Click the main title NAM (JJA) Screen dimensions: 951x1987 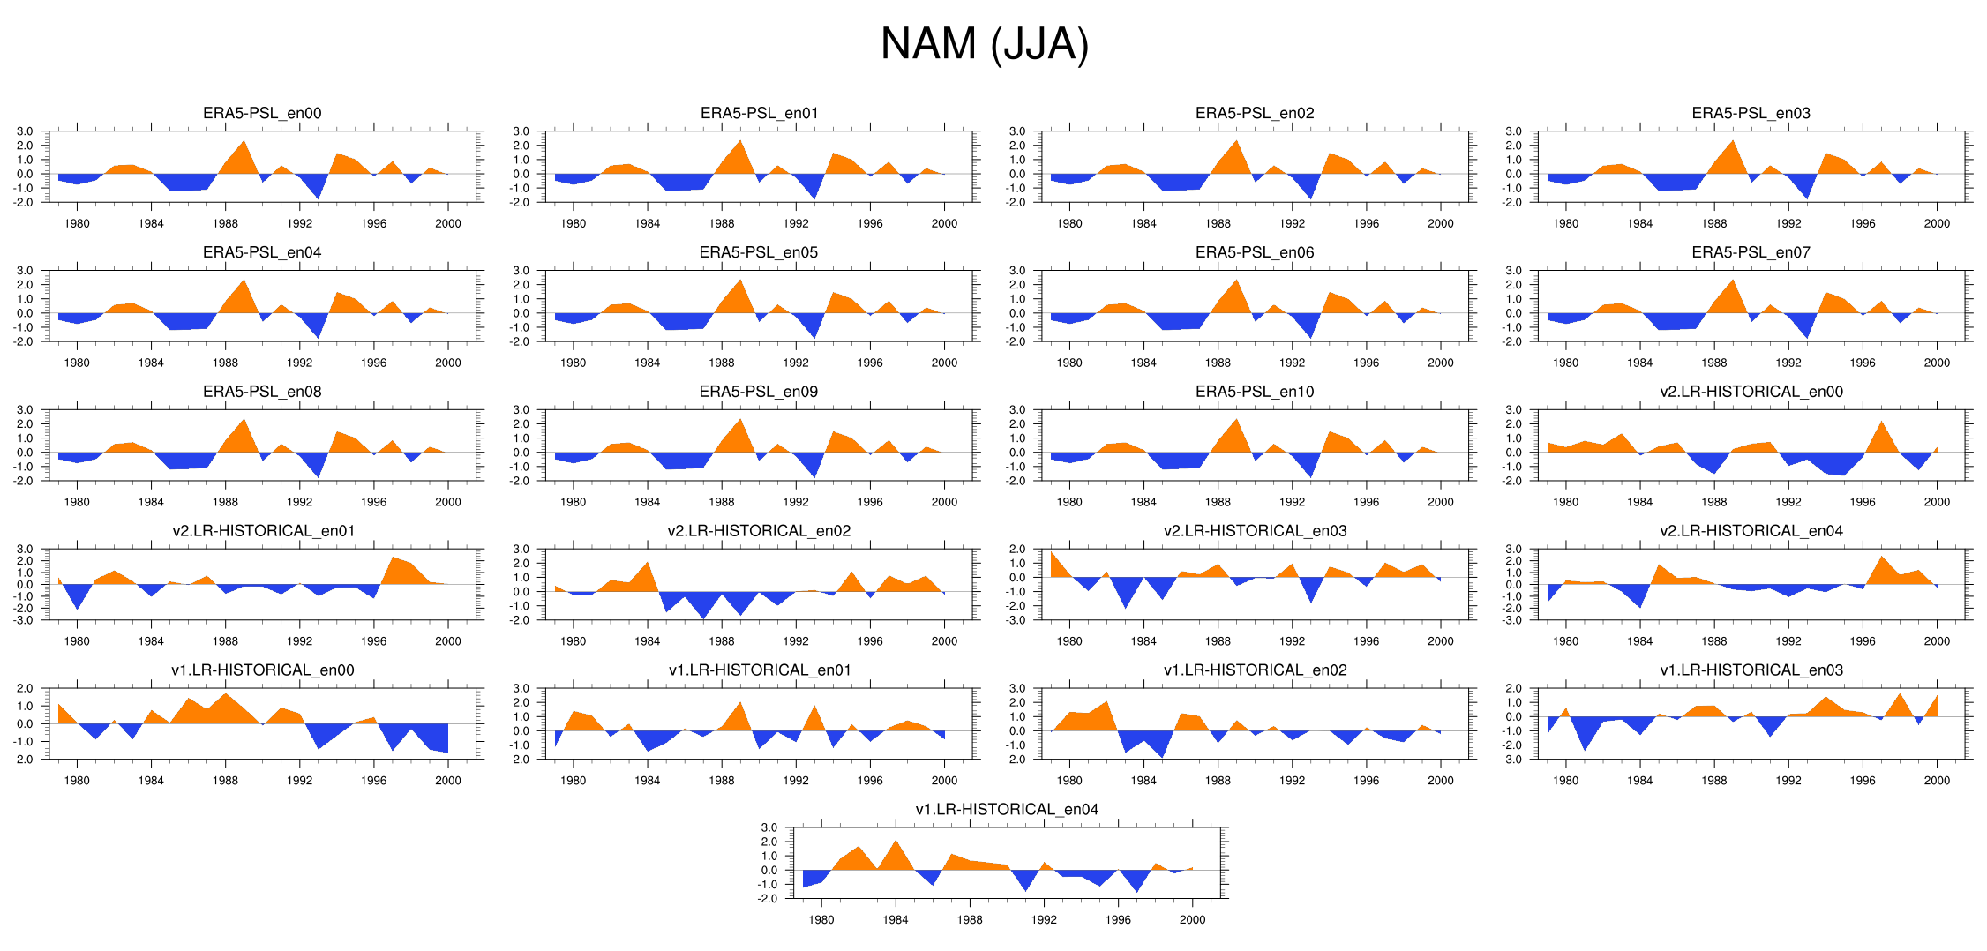[985, 44]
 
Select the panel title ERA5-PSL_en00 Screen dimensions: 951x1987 [262, 113]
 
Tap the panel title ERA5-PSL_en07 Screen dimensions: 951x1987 [1751, 252]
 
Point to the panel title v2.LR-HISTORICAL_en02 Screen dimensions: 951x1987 [759, 531]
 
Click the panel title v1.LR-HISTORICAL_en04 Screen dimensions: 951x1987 [1007, 810]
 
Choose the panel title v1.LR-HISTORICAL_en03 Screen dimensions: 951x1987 [1751, 670]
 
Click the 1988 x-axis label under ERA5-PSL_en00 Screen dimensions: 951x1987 [225, 224]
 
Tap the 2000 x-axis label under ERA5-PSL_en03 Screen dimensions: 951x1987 [1936, 224]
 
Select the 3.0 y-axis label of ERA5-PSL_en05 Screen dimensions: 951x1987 [521, 271]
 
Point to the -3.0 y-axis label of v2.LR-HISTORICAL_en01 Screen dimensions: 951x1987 [24, 620]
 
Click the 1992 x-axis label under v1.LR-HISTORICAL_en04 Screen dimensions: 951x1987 [1044, 920]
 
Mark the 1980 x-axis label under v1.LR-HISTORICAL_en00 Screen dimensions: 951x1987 [77, 781]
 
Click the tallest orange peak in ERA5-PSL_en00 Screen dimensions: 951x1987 [244, 141]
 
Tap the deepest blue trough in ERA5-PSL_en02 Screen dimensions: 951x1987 [1311, 198]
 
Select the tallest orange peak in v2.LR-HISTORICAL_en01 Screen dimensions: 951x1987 [393, 558]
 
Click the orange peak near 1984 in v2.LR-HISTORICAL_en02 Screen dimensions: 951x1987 [648, 563]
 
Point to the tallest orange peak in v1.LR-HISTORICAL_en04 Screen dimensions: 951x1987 [896, 841]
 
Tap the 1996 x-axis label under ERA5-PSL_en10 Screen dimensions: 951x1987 [1366, 502]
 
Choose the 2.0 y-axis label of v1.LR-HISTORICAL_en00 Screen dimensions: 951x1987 [25, 689]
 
